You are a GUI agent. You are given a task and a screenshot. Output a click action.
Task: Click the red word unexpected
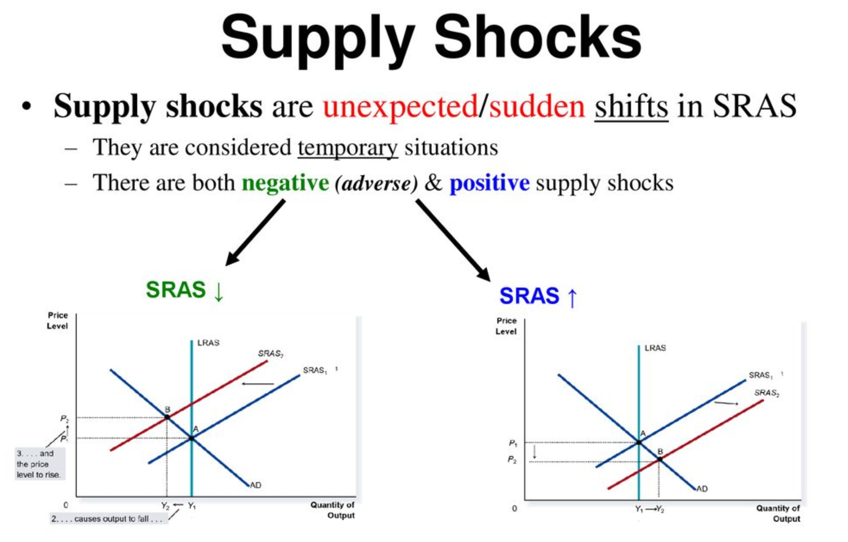point(400,107)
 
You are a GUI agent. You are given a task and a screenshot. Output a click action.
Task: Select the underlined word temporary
point(348,148)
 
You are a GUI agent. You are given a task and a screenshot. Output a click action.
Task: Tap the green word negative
point(285,183)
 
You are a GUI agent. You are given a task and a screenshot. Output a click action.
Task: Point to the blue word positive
point(489,183)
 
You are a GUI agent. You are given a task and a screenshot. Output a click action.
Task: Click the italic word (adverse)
point(376,184)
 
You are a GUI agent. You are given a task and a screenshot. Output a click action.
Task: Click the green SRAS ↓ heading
point(184,290)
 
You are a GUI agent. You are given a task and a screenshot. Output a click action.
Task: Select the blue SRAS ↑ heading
point(538,296)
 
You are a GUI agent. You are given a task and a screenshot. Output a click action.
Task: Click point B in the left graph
point(167,417)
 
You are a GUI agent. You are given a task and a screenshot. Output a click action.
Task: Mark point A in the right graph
point(639,442)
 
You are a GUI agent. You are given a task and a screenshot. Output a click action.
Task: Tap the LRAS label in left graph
point(208,343)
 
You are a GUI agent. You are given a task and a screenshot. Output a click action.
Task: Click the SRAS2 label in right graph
point(766,393)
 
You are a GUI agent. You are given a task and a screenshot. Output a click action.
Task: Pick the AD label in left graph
point(255,485)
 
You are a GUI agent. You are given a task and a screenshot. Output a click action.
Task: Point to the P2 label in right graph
point(512,460)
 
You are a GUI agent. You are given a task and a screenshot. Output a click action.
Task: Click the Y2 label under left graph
point(165,506)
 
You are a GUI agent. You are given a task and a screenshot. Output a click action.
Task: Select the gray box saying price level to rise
point(39,464)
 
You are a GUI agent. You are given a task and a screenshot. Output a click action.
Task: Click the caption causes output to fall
point(108,519)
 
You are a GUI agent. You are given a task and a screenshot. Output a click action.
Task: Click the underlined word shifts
point(631,107)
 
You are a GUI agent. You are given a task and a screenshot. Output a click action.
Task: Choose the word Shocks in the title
point(538,37)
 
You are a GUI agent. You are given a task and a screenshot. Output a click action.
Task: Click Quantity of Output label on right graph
point(778,513)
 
